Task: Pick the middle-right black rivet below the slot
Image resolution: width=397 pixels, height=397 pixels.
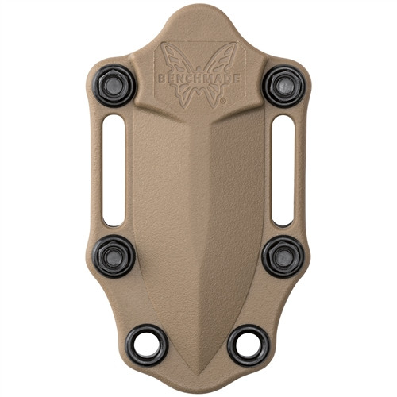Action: click(283, 255)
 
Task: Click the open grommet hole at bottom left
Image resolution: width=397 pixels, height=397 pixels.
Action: click(146, 345)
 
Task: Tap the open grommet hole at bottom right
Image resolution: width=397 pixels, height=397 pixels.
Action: click(249, 345)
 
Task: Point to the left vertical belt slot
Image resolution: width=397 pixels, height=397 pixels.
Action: click(114, 169)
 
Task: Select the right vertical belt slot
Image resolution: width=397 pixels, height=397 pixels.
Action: click(283, 169)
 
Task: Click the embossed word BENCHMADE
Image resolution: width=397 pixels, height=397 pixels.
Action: click(198, 76)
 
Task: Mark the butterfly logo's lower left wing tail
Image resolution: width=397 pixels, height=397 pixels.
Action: click(186, 95)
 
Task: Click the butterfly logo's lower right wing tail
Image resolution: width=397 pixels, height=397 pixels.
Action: click(211, 95)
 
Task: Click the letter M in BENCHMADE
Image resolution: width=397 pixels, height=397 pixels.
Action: click(205, 76)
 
